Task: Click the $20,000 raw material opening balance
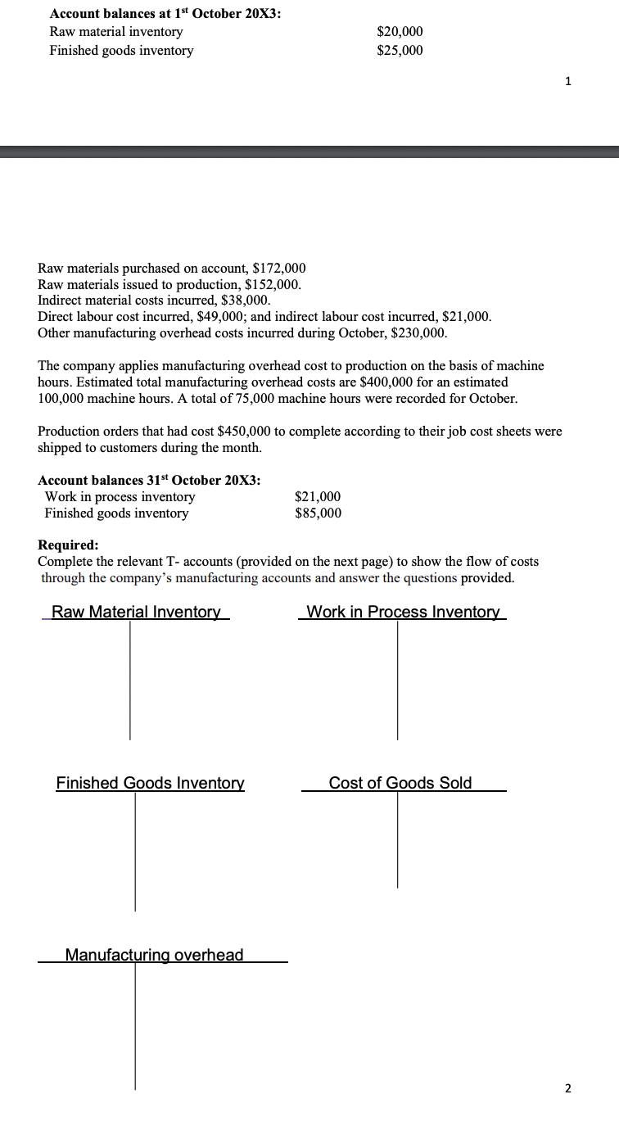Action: [400, 32]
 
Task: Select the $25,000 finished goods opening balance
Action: [400, 51]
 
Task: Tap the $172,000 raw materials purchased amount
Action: [279, 269]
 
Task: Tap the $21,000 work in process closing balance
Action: [318, 497]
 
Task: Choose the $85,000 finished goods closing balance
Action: [318, 513]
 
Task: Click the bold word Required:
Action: [68, 545]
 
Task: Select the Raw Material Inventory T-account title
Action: [136, 613]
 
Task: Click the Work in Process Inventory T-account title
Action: [402, 613]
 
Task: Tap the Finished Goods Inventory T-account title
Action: [150, 784]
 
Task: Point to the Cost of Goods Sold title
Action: [400, 783]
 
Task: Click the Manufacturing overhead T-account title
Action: [154, 955]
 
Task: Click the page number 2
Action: [569, 1088]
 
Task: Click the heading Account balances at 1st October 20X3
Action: [165, 14]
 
